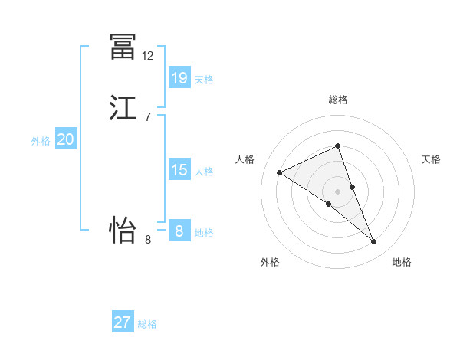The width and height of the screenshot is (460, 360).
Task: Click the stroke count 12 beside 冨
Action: point(148,56)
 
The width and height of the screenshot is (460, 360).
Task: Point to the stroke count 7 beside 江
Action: point(147,117)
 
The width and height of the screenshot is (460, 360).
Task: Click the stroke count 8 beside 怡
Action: point(148,240)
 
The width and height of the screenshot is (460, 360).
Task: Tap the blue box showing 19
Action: point(179,77)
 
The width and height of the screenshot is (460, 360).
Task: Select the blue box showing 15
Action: point(179,169)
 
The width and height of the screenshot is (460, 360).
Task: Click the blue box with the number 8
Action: point(179,231)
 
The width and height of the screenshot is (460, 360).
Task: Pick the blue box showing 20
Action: point(65,139)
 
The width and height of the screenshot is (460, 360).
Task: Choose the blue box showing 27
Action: point(123,322)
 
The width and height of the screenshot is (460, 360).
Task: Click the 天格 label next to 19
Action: point(204,80)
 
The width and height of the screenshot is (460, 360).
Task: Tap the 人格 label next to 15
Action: point(204,172)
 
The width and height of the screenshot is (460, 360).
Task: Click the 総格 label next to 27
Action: point(147,325)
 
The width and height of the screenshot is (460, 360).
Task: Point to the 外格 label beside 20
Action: point(41,142)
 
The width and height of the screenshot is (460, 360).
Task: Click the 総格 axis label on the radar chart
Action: point(337,100)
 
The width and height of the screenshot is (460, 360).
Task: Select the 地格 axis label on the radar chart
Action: point(402,263)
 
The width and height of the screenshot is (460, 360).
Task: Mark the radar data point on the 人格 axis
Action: point(280,172)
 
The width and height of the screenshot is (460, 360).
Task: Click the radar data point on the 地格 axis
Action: point(374,242)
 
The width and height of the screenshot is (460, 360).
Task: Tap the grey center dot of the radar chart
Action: point(337,191)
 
